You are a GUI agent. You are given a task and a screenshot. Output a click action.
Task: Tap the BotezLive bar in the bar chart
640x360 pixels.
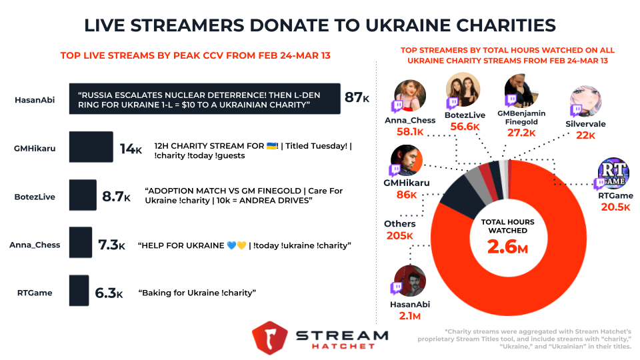point(83,195)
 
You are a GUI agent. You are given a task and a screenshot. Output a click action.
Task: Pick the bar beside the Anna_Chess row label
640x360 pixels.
point(81,243)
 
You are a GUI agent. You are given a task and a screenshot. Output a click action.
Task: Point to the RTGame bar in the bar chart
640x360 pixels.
point(79,291)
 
